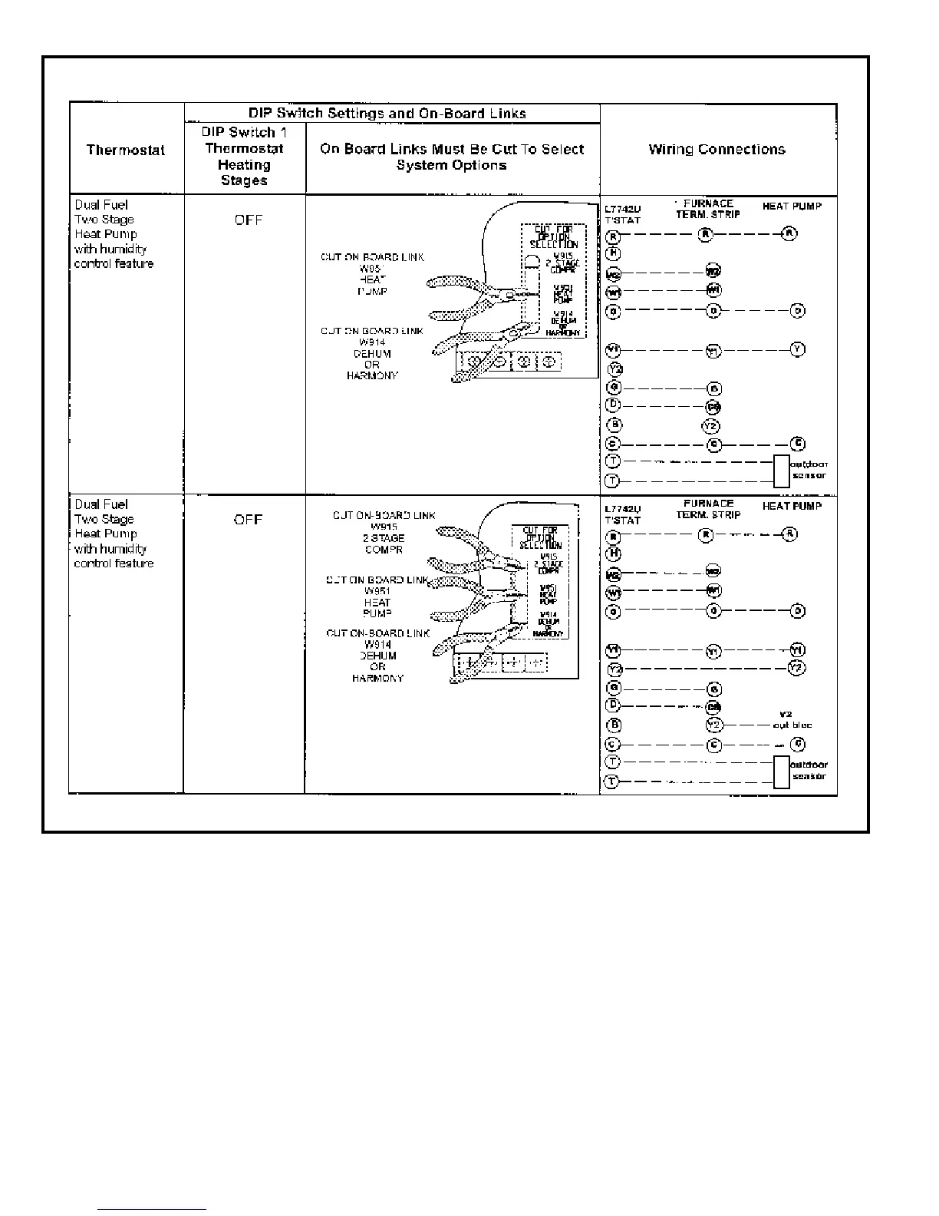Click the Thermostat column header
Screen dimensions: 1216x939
[126, 150]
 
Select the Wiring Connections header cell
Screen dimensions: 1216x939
[717, 150]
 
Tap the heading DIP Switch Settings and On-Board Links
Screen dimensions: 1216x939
[387, 114]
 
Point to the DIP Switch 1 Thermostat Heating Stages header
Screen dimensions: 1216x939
[244, 157]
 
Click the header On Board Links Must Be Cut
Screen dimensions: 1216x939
[452, 157]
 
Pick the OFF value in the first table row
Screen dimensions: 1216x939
[249, 220]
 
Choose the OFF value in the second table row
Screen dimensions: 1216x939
[248, 520]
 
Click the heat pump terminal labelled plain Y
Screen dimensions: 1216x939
[798, 349]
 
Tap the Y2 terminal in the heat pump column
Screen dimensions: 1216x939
[797, 668]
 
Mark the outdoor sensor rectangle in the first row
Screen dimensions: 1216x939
[781, 471]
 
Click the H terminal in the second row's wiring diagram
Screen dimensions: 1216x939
[613, 553]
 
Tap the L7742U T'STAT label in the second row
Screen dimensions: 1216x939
[623, 514]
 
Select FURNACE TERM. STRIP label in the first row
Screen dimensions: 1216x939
[708, 209]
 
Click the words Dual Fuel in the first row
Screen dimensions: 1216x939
[101, 205]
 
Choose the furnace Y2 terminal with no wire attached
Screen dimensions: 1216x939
[710, 426]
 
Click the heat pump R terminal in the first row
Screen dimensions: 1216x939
[788, 234]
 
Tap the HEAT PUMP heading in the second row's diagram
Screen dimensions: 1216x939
[792, 507]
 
